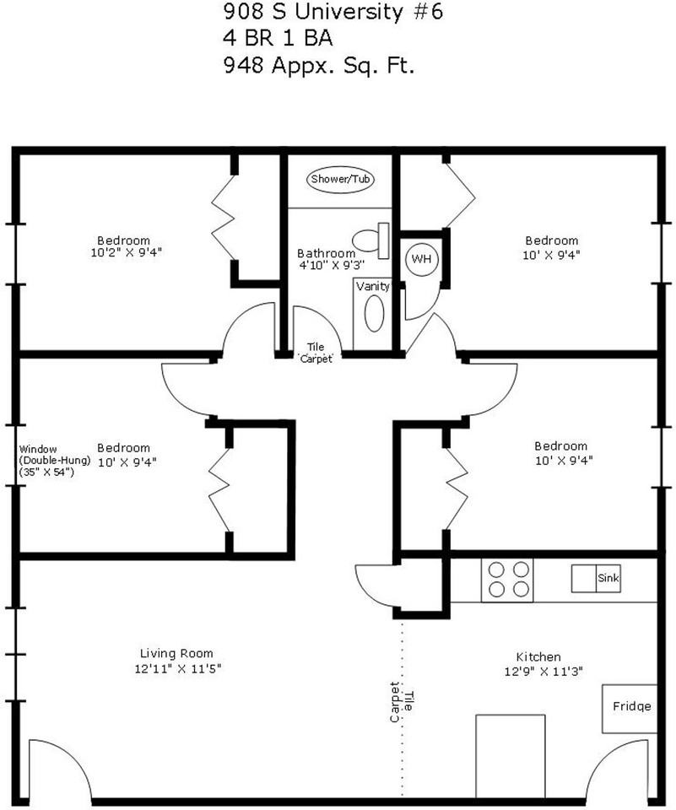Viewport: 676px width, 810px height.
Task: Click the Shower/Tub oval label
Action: (x=340, y=179)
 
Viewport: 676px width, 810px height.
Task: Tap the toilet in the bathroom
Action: (x=371, y=240)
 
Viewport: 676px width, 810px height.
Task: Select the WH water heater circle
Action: (x=422, y=259)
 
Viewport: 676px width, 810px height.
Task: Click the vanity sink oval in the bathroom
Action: (x=374, y=314)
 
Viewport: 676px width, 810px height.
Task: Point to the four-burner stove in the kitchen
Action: (x=507, y=580)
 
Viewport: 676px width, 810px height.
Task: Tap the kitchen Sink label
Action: (x=608, y=577)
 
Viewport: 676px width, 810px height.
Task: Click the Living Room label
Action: (x=176, y=653)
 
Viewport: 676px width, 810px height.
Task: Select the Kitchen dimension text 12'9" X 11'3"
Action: (x=544, y=672)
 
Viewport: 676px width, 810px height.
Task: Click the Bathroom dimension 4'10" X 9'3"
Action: (x=332, y=265)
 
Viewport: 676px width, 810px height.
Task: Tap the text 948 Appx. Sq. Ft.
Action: (x=319, y=66)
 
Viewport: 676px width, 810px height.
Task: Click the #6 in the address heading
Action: (x=429, y=11)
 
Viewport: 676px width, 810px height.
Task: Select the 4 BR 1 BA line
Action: (x=278, y=38)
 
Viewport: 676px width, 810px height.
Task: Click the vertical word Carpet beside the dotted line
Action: (x=395, y=702)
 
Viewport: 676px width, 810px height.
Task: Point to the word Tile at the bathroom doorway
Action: (x=316, y=347)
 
